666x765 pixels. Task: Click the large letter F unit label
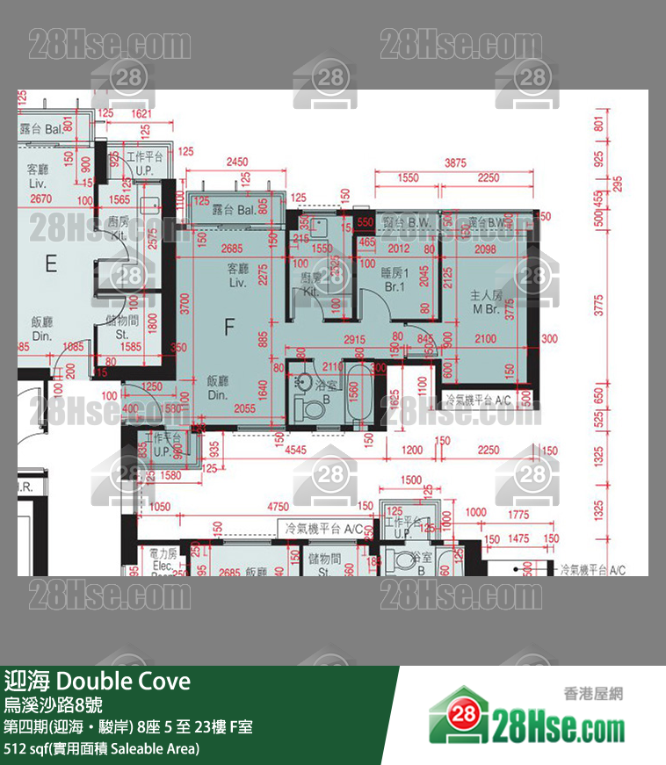pyautogui.click(x=229, y=328)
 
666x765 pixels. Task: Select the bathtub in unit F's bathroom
pyautogui.click(x=358, y=394)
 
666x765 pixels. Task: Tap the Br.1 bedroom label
pyautogui.click(x=394, y=286)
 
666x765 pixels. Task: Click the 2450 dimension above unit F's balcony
pyautogui.click(x=236, y=162)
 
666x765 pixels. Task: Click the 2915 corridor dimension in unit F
pyautogui.click(x=354, y=339)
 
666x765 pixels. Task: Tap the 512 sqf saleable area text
pyautogui.click(x=102, y=749)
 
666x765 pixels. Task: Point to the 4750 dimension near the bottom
pyautogui.click(x=278, y=506)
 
